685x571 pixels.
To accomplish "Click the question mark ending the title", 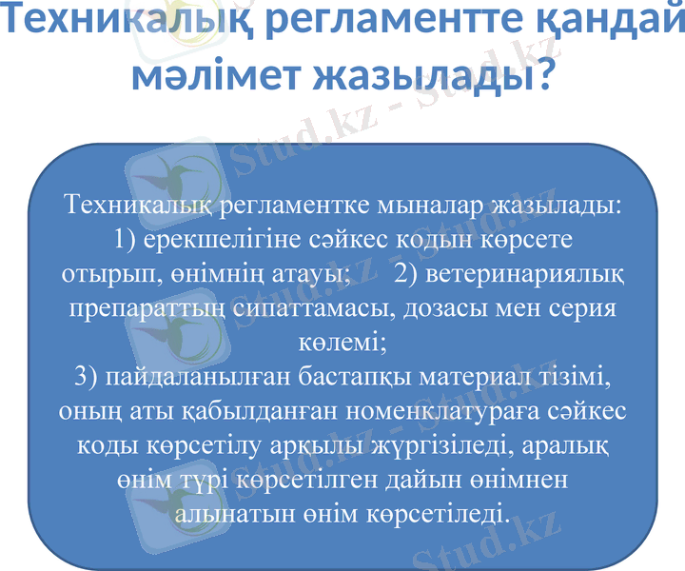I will (x=542, y=74).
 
